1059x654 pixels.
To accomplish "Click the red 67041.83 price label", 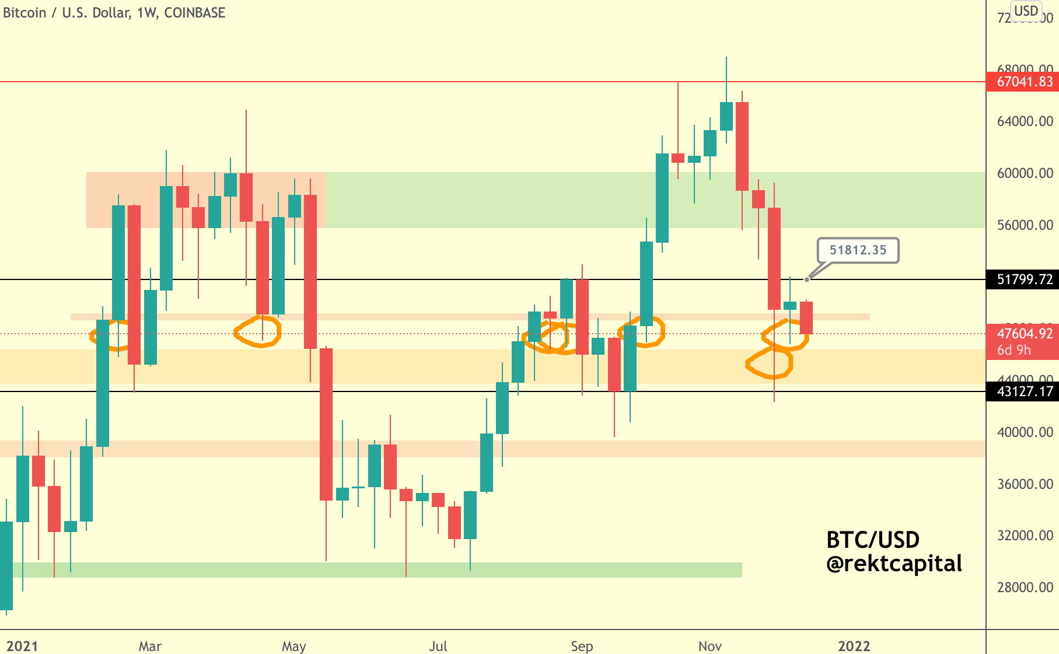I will (1024, 82).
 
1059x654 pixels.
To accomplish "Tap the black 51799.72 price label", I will (1024, 279).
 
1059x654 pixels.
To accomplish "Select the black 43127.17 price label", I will (1024, 391).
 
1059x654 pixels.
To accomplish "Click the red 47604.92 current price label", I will (1024, 334).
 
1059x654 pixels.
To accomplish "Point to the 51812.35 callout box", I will (858, 250).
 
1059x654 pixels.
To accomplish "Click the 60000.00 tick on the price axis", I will (1025, 173).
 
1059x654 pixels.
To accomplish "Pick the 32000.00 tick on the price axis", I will (1025, 536).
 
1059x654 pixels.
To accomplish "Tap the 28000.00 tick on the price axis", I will (1025, 587).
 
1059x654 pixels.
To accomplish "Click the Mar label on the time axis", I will (150, 646).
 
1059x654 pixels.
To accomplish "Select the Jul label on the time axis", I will (438, 646).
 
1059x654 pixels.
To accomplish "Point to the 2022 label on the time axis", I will (854, 646).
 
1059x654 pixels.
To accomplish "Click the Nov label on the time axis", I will (710, 646).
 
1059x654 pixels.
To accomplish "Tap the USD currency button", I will (1026, 11).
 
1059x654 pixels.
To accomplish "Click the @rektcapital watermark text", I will (894, 564).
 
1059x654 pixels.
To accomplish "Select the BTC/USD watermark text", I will (873, 540).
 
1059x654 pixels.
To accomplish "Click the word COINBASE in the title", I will (194, 13).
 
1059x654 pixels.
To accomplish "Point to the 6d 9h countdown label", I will (1014, 350).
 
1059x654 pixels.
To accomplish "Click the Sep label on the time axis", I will (582, 646).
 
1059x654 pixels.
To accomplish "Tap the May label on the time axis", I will (293, 646).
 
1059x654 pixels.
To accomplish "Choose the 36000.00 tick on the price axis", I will (1025, 484).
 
